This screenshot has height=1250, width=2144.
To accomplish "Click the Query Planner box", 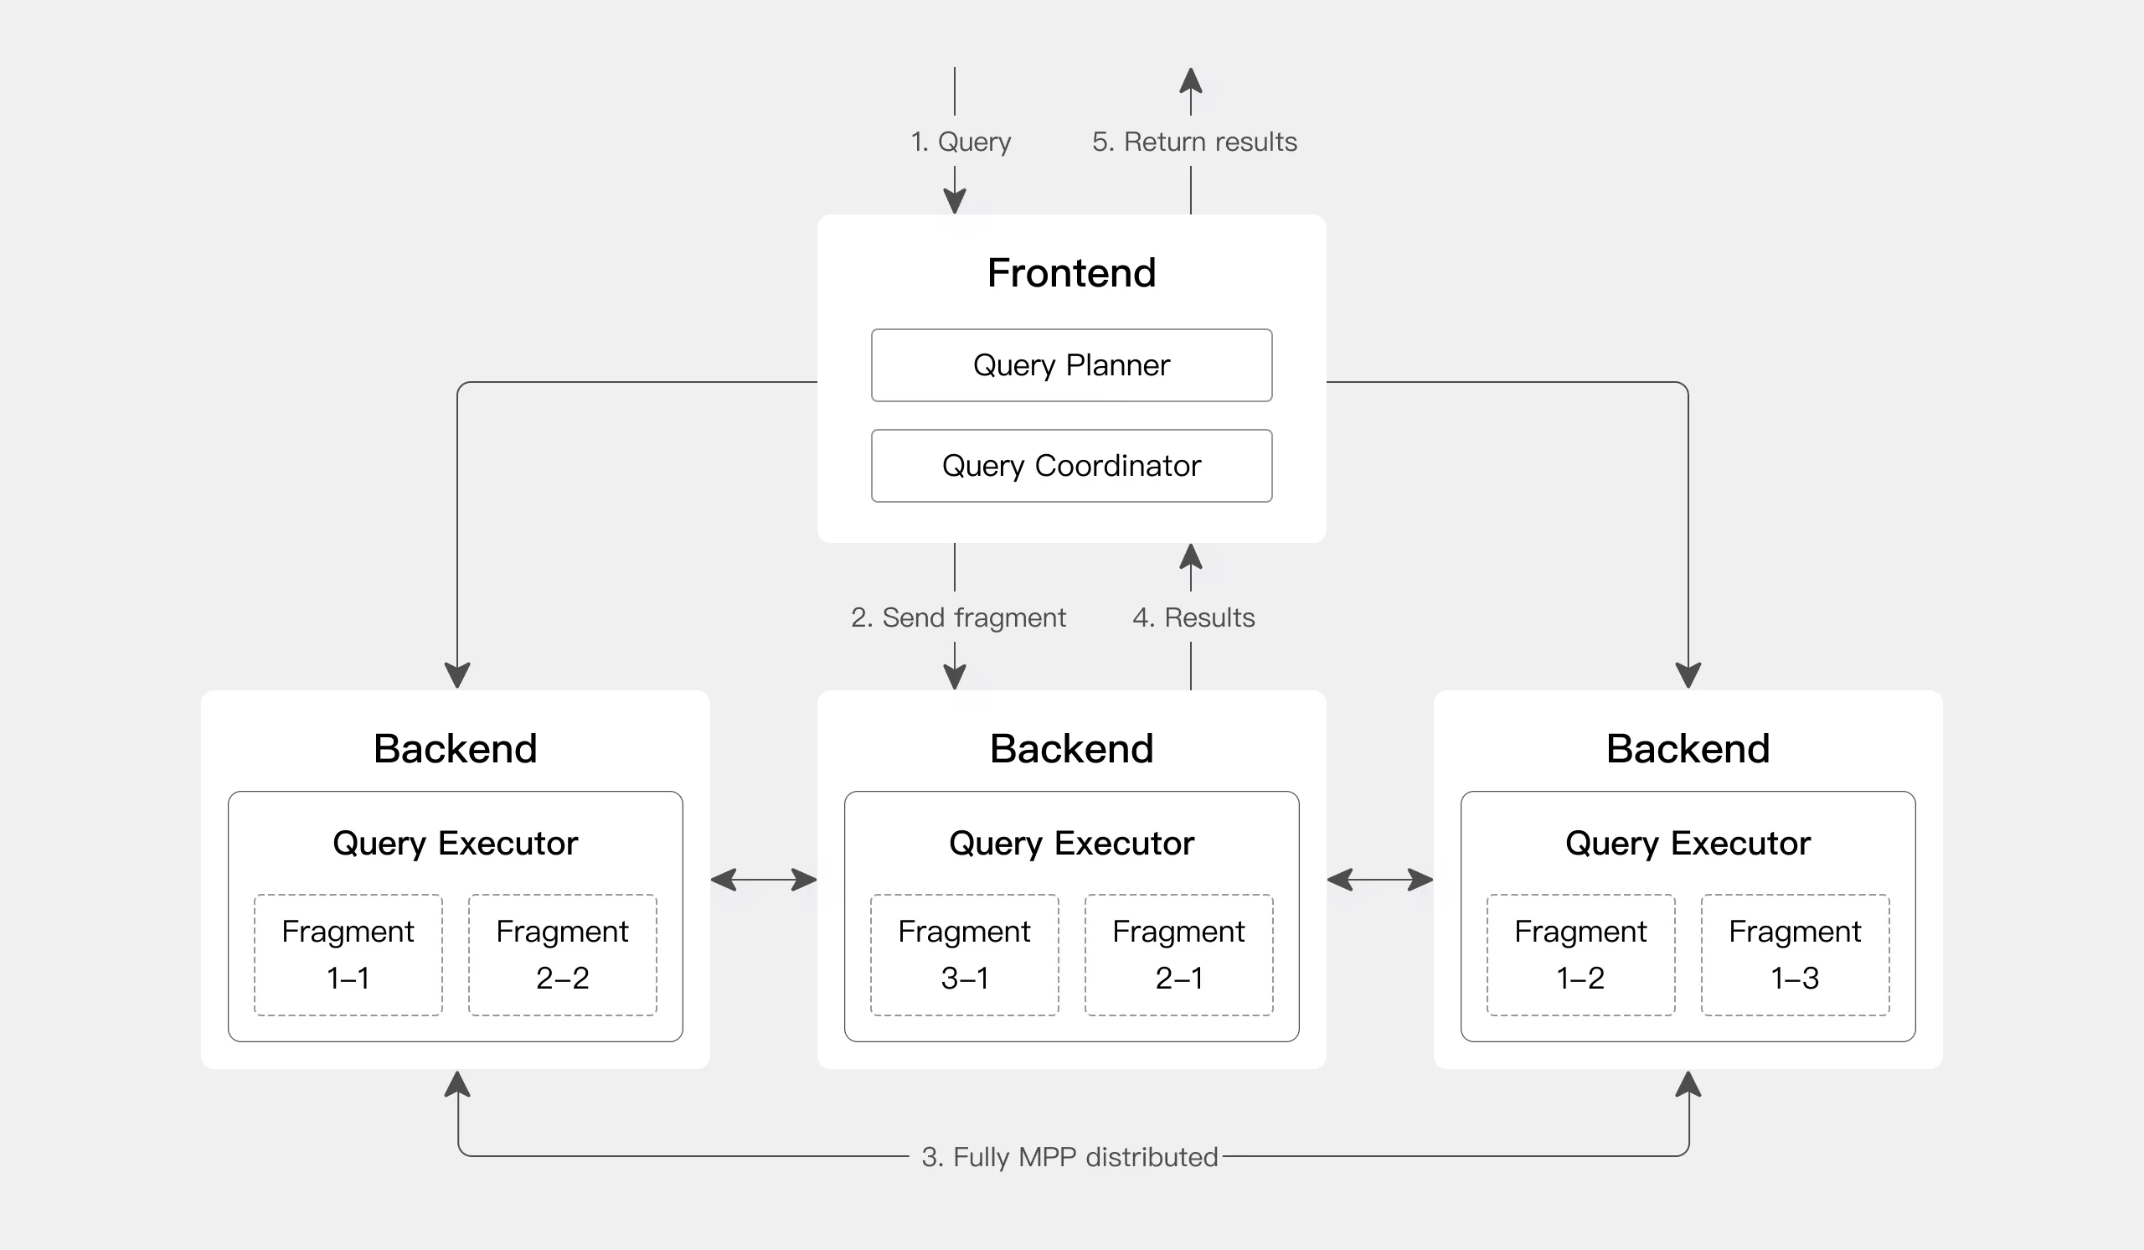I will coord(1071,365).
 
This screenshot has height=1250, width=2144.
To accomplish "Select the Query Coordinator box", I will coord(1071,466).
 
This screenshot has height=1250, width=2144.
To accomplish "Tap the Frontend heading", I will coord(1071,273).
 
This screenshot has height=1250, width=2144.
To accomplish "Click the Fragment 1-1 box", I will coord(348,954).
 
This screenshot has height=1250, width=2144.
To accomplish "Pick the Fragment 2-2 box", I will coord(562,954).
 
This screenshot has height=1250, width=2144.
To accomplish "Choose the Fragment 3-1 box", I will coord(964,954).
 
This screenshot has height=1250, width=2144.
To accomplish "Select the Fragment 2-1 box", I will coord(1178,954).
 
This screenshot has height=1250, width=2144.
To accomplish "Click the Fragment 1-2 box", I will coord(1580,954).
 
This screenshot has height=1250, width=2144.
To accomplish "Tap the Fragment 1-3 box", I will coord(1794,954).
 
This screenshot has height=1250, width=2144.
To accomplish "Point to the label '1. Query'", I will coord(961,142).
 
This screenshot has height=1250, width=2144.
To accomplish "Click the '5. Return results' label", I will coord(1193,142).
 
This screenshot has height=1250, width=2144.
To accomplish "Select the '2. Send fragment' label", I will coord(958,617).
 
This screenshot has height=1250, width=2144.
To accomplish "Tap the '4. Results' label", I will coord(1193,617).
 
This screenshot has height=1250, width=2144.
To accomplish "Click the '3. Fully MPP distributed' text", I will coord(1069,1157).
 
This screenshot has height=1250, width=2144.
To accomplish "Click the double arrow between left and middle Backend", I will coord(763,879).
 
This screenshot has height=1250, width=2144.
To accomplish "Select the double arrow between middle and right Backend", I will coord(1379,879).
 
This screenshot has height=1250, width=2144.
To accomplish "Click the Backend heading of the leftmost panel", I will coord(455,749).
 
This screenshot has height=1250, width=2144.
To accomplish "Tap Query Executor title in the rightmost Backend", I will coord(1687,844).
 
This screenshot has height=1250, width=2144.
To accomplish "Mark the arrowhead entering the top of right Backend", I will coord(1687,675).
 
